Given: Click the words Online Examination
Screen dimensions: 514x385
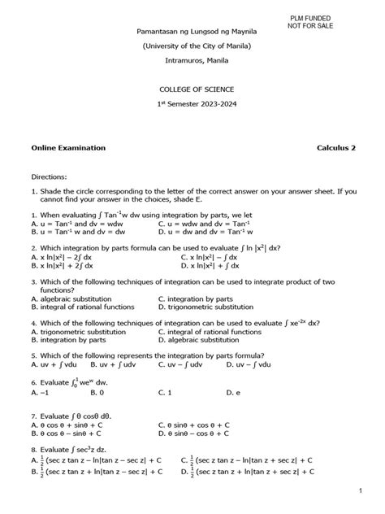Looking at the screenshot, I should click(x=68, y=149).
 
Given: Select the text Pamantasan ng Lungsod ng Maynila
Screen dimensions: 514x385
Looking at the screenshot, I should click(x=192, y=31).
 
